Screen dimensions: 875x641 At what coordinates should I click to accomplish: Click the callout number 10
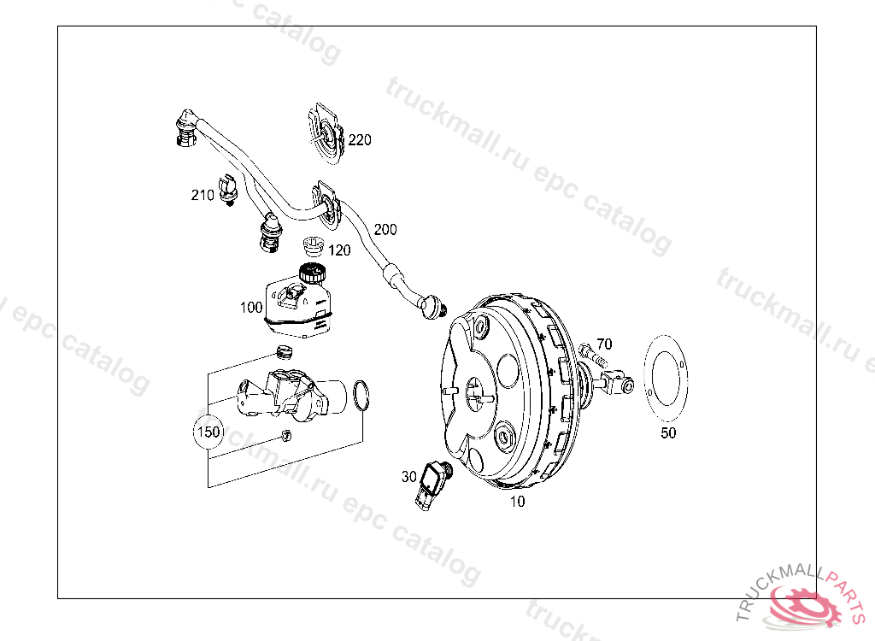tap(517, 502)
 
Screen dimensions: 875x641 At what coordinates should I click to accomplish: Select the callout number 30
tap(409, 476)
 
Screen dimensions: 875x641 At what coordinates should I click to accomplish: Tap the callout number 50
tap(668, 432)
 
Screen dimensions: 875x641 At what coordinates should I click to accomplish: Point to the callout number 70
tap(604, 344)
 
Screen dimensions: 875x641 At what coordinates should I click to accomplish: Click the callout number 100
tap(251, 307)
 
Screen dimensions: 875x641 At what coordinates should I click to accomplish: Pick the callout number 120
tap(340, 250)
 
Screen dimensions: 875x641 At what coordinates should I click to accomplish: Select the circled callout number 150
tap(208, 432)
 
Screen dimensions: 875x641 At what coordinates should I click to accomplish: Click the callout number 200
tap(385, 230)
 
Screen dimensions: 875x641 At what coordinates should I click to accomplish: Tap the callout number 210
tap(203, 195)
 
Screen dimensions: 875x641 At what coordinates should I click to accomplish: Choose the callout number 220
tap(360, 139)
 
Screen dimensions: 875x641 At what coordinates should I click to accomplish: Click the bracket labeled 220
tap(325, 134)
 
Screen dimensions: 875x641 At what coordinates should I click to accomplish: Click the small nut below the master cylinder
tap(286, 435)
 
